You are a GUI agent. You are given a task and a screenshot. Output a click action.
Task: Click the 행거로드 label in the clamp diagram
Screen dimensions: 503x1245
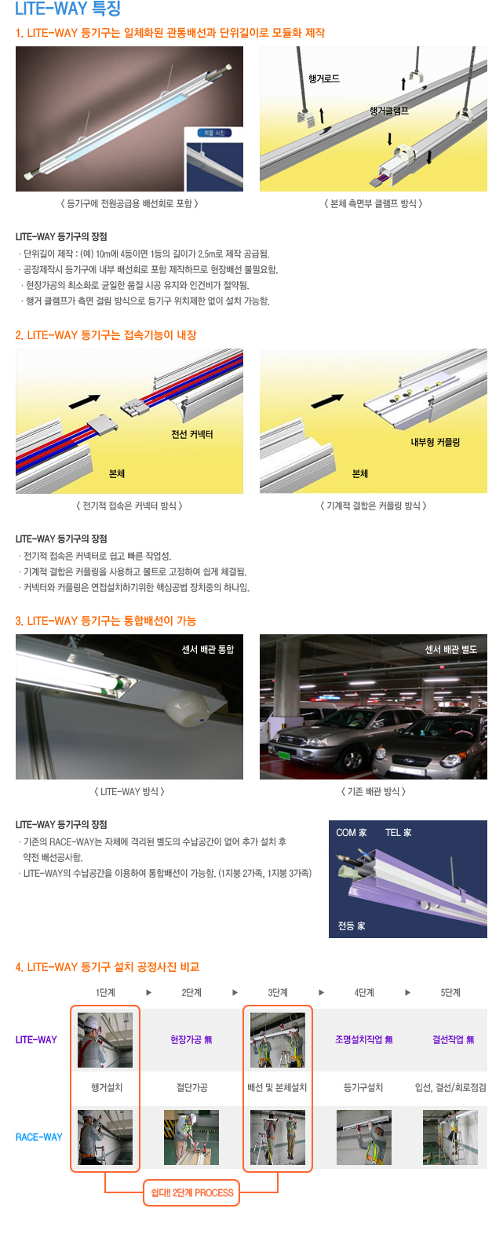click(323, 79)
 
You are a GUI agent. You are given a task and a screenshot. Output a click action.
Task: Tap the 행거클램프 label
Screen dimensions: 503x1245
click(389, 111)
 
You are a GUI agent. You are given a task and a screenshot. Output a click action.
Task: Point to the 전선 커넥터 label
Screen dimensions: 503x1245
click(192, 435)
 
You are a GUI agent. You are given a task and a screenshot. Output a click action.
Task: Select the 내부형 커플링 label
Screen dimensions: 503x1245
click(436, 443)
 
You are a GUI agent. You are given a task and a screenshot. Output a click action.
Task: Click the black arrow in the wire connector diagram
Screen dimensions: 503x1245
click(85, 401)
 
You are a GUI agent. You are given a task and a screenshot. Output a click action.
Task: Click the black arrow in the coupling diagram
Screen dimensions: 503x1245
click(327, 400)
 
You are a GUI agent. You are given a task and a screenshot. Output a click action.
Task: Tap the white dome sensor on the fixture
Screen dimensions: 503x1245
click(187, 709)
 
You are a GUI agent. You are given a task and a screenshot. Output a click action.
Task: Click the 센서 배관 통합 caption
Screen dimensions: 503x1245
click(208, 649)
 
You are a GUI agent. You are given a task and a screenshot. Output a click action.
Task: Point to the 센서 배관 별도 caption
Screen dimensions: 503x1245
click(450, 649)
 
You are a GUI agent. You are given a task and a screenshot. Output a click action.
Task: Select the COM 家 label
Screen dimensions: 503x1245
click(352, 833)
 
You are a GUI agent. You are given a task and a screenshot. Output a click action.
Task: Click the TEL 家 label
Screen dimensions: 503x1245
click(399, 833)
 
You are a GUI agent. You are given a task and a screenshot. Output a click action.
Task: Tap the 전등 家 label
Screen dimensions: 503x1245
click(352, 926)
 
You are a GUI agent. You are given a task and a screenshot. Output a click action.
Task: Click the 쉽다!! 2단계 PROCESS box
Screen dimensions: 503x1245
click(191, 1192)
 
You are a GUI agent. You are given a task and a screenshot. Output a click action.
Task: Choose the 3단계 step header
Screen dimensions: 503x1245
click(278, 993)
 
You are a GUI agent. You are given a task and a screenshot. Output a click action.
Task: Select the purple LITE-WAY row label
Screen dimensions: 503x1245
click(36, 1040)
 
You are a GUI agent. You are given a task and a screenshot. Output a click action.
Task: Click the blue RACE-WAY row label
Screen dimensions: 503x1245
click(39, 1137)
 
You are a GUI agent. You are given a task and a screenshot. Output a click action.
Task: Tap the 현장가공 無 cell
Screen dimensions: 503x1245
click(191, 1040)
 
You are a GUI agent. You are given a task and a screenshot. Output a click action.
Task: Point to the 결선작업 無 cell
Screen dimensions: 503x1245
click(454, 1040)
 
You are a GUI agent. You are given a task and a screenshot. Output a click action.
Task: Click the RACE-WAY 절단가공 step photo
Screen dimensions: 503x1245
click(191, 1137)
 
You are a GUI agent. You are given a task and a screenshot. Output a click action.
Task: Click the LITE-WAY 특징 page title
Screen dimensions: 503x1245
click(67, 9)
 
